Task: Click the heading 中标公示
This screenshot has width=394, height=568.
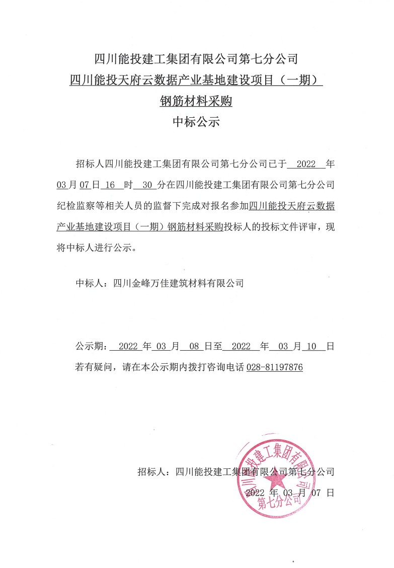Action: pyautogui.click(x=196, y=122)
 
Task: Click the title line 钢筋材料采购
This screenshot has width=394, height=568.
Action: pyautogui.click(x=196, y=101)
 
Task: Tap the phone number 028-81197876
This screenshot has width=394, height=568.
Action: pyautogui.click(x=274, y=368)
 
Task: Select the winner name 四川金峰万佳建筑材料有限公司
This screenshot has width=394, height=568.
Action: pyautogui.click(x=179, y=283)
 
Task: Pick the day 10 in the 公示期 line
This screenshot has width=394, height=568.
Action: pyautogui.click(x=310, y=347)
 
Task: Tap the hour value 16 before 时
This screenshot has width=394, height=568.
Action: pyautogui.click(x=111, y=185)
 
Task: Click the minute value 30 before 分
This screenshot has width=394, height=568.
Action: pyautogui.click(x=147, y=185)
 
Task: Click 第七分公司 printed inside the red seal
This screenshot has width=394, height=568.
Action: pyautogui.click(x=275, y=503)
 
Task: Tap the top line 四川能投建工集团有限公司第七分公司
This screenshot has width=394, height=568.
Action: pyautogui.click(x=196, y=59)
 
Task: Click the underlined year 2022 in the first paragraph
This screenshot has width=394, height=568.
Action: pyautogui.click(x=306, y=164)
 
